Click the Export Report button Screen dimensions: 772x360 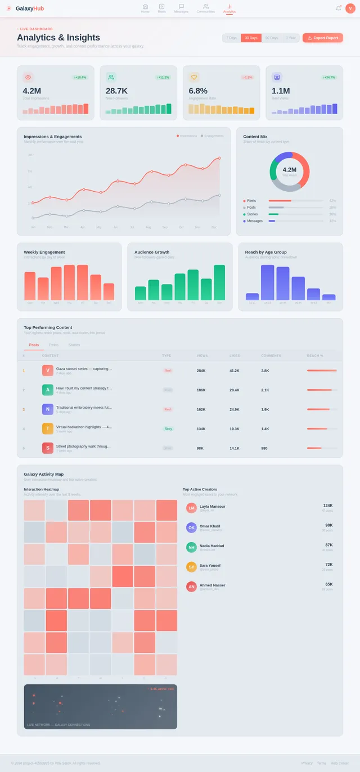click(323, 38)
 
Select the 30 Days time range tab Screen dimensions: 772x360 click(251, 38)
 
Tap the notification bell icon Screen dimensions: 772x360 click(338, 8)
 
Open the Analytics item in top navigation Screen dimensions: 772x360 click(229, 8)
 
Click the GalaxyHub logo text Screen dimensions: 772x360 click(30, 8)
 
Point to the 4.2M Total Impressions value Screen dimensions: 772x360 click(31, 91)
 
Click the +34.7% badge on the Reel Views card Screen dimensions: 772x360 click(328, 77)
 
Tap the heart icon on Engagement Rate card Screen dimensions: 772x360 click(194, 77)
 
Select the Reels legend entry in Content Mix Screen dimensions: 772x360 click(251, 201)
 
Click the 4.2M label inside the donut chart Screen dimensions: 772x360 click(289, 169)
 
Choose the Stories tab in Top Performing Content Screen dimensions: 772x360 click(74, 345)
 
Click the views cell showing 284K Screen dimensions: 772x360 click(201, 371)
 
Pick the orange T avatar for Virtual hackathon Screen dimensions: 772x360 click(48, 428)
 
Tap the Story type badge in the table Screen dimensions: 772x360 click(168, 428)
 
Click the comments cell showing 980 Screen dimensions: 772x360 click(264, 448)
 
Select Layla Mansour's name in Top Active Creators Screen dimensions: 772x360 click(212, 506)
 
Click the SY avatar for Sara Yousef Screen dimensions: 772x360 click(191, 567)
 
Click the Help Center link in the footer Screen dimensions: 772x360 click(339, 763)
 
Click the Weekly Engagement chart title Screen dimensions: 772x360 click(44, 252)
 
